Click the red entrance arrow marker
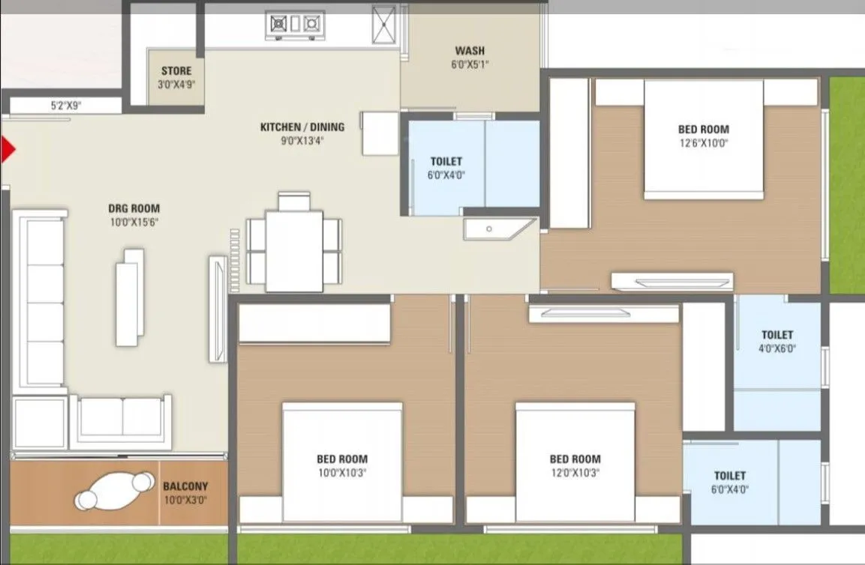click(8, 150)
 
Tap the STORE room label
click(176, 71)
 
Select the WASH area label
click(470, 51)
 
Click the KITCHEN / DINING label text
click(302, 127)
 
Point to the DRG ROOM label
click(134, 208)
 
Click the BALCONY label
click(185, 486)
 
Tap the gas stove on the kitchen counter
click(295, 25)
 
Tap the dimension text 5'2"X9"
click(66, 106)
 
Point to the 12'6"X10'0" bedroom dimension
click(703, 142)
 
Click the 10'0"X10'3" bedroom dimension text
click(341, 473)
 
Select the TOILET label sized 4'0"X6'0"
click(776, 334)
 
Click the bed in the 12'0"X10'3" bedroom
click(575, 461)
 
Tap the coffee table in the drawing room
click(130, 297)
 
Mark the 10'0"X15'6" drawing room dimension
click(134, 222)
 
